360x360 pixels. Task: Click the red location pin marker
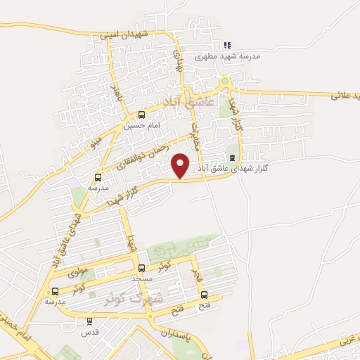pos(181,165)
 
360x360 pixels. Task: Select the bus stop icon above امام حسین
pos(143,115)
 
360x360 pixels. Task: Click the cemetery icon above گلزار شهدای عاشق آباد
pos(233,157)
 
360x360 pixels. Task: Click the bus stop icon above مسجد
pos(142,268)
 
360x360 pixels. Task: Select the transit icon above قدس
pos(89,321)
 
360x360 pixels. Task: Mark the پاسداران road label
pos(176,335)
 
